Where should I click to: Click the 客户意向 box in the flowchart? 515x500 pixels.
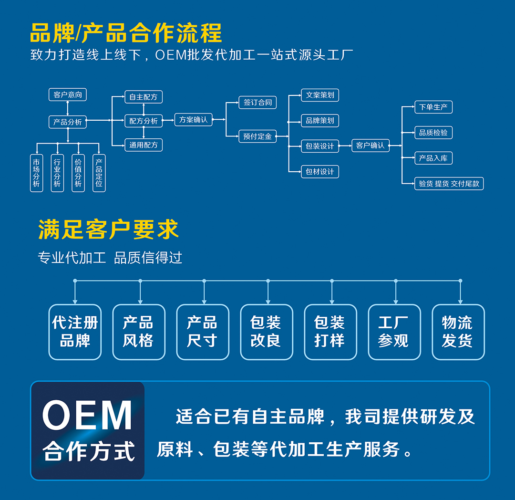point(68,94)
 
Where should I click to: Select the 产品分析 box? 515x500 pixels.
point(68,122)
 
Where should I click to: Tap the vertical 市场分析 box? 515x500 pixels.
point(36,173)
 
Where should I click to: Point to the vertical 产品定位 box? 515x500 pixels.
point(99,173)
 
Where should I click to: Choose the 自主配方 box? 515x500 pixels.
point(144,97)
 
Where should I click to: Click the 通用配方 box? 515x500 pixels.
point(144,145)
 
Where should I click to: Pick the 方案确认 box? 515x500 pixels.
point(194,120)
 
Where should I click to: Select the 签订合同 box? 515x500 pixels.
point(257,102)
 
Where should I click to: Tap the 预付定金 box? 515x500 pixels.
point(257,136)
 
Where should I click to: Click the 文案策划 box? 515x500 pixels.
point(320,95)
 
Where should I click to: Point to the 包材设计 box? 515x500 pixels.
point(320,171)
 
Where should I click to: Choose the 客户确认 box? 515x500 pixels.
point(371,146)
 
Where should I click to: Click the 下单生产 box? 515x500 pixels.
point(433,107)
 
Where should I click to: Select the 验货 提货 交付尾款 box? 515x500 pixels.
point(449,183)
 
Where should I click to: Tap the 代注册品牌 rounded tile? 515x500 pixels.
point(75,332)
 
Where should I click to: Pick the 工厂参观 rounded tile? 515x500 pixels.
point(393,332)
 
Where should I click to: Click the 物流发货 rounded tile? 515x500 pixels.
point(458,332)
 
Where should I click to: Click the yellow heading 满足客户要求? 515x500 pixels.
point(108,229)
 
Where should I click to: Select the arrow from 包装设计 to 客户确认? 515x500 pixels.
point(345,146)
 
